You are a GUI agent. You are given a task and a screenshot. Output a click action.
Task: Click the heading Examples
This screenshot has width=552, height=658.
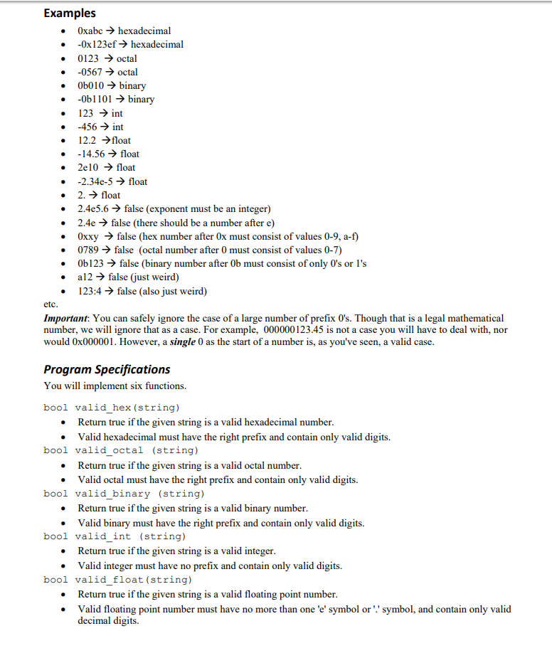70,13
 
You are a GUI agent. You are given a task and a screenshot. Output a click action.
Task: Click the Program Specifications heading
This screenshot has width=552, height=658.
107,369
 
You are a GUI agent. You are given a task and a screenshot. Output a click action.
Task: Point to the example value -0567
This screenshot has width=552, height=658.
91,72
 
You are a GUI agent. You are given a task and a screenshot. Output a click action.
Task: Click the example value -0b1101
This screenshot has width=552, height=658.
96,99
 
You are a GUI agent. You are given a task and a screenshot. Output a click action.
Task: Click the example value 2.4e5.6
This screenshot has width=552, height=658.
94,208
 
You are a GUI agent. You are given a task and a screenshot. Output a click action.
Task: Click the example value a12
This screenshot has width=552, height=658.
85,277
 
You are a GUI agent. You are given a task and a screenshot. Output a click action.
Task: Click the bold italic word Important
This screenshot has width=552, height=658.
66,318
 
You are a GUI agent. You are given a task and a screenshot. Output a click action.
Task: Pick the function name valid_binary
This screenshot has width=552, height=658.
112,493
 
